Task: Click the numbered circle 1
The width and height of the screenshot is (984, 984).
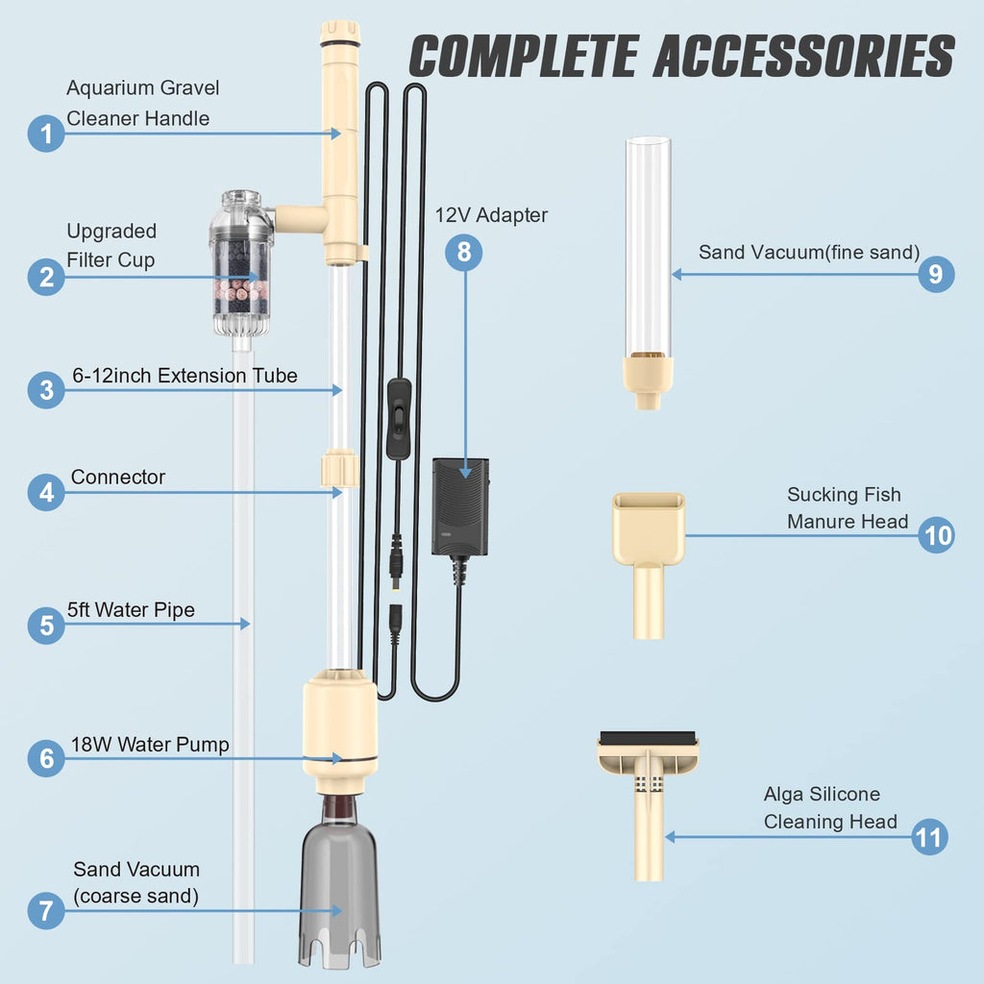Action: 46,134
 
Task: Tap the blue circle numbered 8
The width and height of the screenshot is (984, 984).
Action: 464,253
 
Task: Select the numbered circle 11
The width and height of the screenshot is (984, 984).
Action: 929,837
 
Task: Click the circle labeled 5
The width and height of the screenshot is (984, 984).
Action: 46,625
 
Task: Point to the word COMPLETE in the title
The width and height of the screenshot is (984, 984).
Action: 524,56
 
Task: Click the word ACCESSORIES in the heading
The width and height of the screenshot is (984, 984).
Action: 804,56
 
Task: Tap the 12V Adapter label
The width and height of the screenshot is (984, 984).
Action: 491,215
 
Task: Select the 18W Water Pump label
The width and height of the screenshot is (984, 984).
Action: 150,745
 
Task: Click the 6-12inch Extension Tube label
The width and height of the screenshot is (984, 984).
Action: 184,376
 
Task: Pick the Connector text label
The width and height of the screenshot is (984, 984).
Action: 118,477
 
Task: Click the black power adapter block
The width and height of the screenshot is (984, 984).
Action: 460,507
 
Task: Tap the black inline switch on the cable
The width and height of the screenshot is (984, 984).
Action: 399,419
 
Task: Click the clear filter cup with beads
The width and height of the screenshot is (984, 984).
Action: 241,262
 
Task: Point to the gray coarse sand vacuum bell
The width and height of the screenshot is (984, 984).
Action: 339,885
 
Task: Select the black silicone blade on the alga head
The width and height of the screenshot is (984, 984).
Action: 648,738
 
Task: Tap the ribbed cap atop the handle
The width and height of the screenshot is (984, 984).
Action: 340,34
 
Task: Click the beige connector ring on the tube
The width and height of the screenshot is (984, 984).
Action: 339,468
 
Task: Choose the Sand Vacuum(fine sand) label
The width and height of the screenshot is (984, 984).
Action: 809,253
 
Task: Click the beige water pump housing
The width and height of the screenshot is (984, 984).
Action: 340,730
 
